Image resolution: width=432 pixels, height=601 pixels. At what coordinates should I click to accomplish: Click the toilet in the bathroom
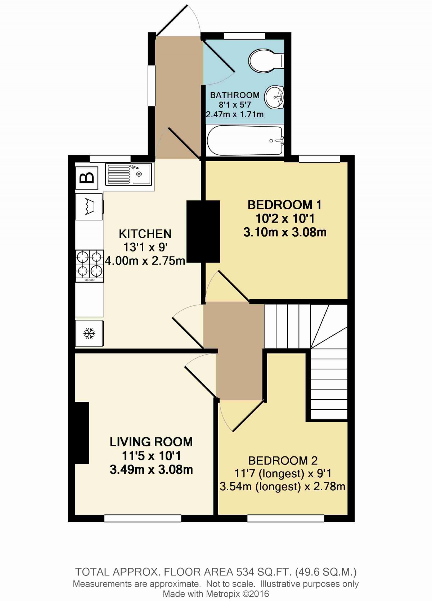265,60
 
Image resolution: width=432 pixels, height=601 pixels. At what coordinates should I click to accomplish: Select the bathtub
245,141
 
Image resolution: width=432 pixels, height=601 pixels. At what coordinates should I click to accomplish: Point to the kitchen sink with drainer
129,174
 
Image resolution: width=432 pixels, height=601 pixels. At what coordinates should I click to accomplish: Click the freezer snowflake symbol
89,334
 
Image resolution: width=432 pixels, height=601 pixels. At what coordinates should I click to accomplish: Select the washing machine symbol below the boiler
89,206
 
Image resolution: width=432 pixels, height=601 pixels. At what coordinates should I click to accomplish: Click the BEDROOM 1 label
284,205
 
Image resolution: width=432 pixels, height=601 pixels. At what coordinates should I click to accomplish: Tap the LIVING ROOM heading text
151,442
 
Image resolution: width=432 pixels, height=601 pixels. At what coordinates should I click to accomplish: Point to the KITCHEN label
145,234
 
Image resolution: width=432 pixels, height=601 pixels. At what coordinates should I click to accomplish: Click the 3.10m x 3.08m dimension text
285,232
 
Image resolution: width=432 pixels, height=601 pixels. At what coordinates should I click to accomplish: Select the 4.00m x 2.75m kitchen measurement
145,260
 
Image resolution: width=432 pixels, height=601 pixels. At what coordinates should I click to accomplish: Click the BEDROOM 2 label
283,460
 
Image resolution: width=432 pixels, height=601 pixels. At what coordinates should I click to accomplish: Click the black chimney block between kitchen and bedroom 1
203,231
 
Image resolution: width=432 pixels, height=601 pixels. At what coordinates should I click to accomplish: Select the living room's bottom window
143,518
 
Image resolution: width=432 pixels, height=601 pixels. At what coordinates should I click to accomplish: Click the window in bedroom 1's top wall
319,159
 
